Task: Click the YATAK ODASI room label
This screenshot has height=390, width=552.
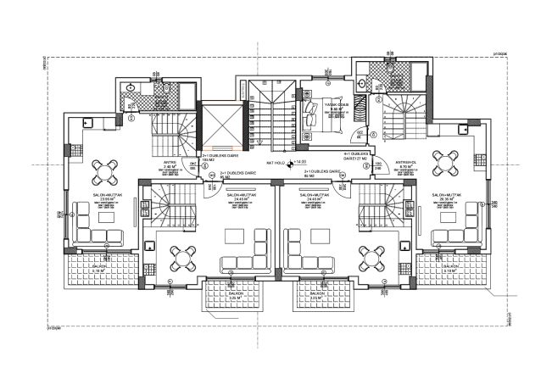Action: coord(336,106)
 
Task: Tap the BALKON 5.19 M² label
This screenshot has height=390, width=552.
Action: coord(451,269)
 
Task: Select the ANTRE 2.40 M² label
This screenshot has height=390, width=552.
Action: coord(170,165)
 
